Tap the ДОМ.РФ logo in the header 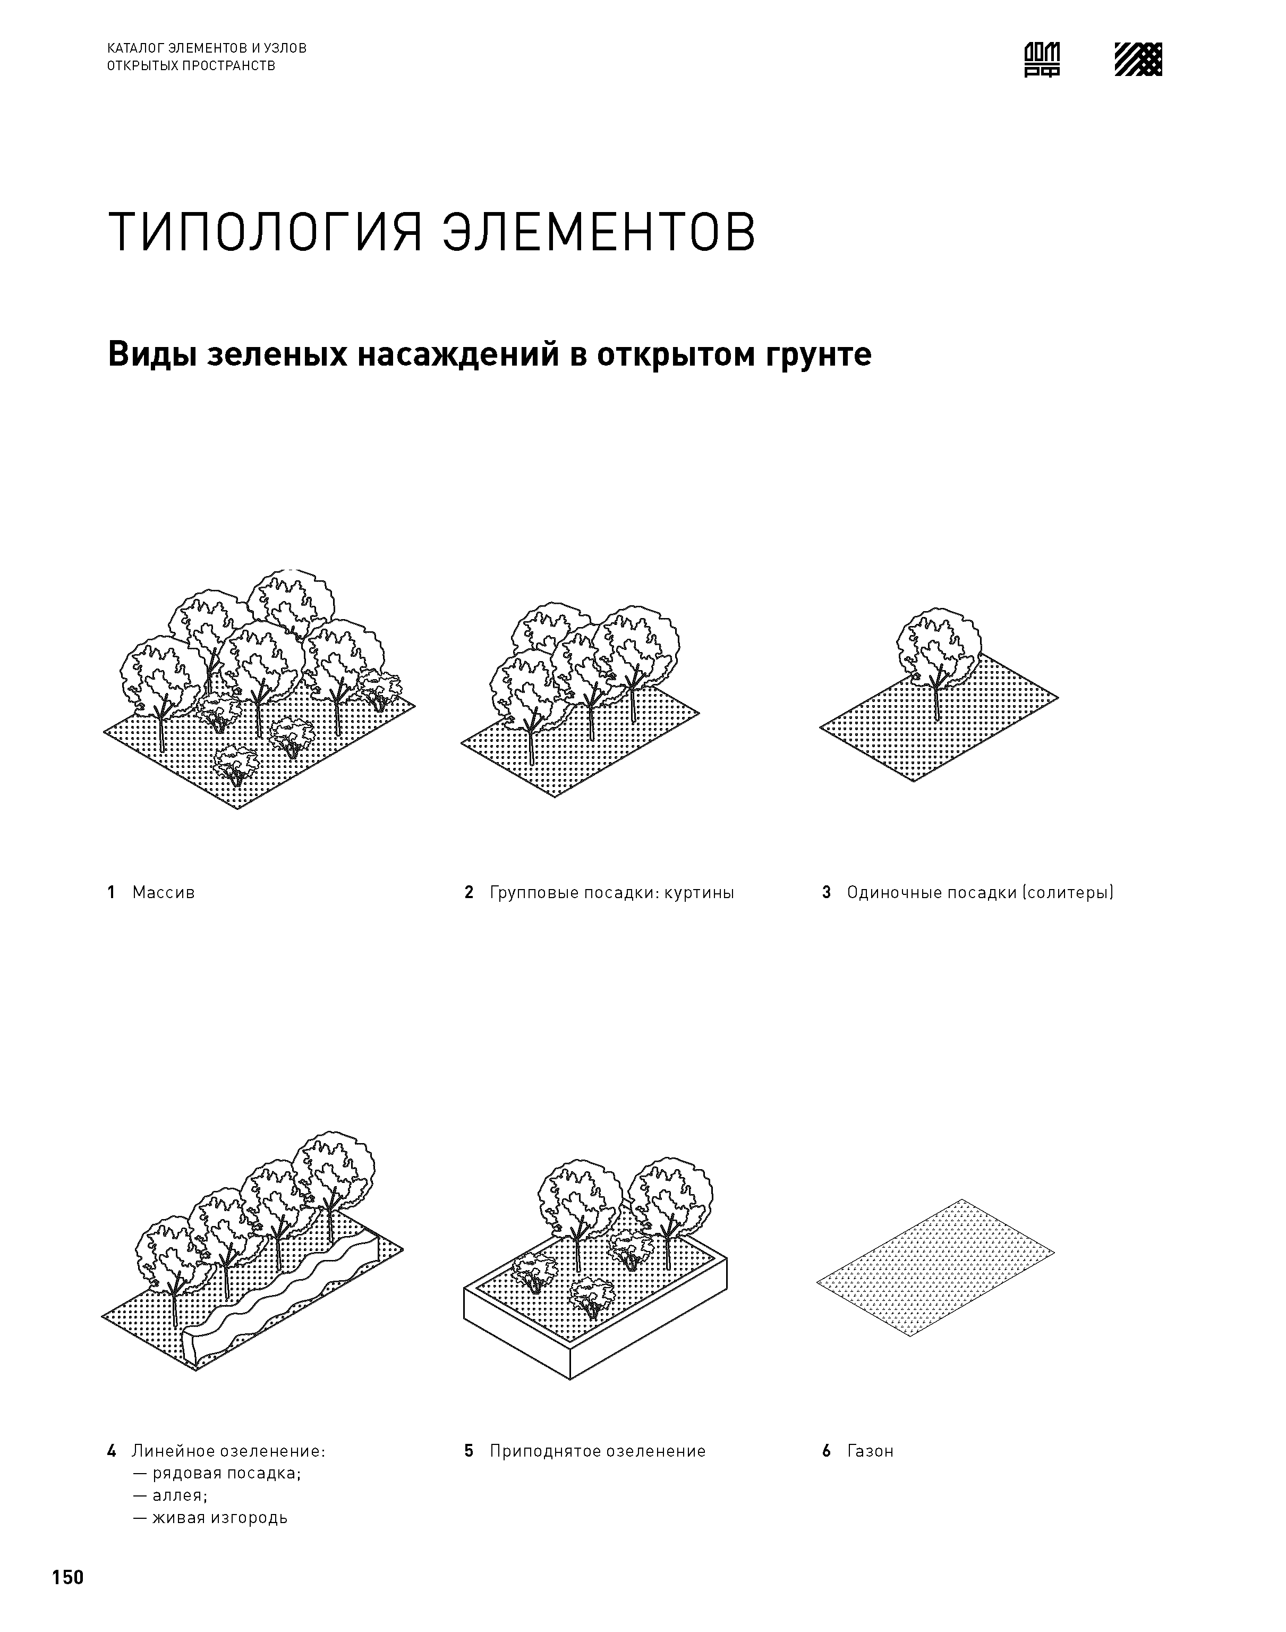[1042, 60]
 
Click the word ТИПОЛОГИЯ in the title [265, 233]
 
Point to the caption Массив [164, 892]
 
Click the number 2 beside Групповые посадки [469, 892]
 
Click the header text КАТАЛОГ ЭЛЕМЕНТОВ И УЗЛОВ [207, 48]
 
